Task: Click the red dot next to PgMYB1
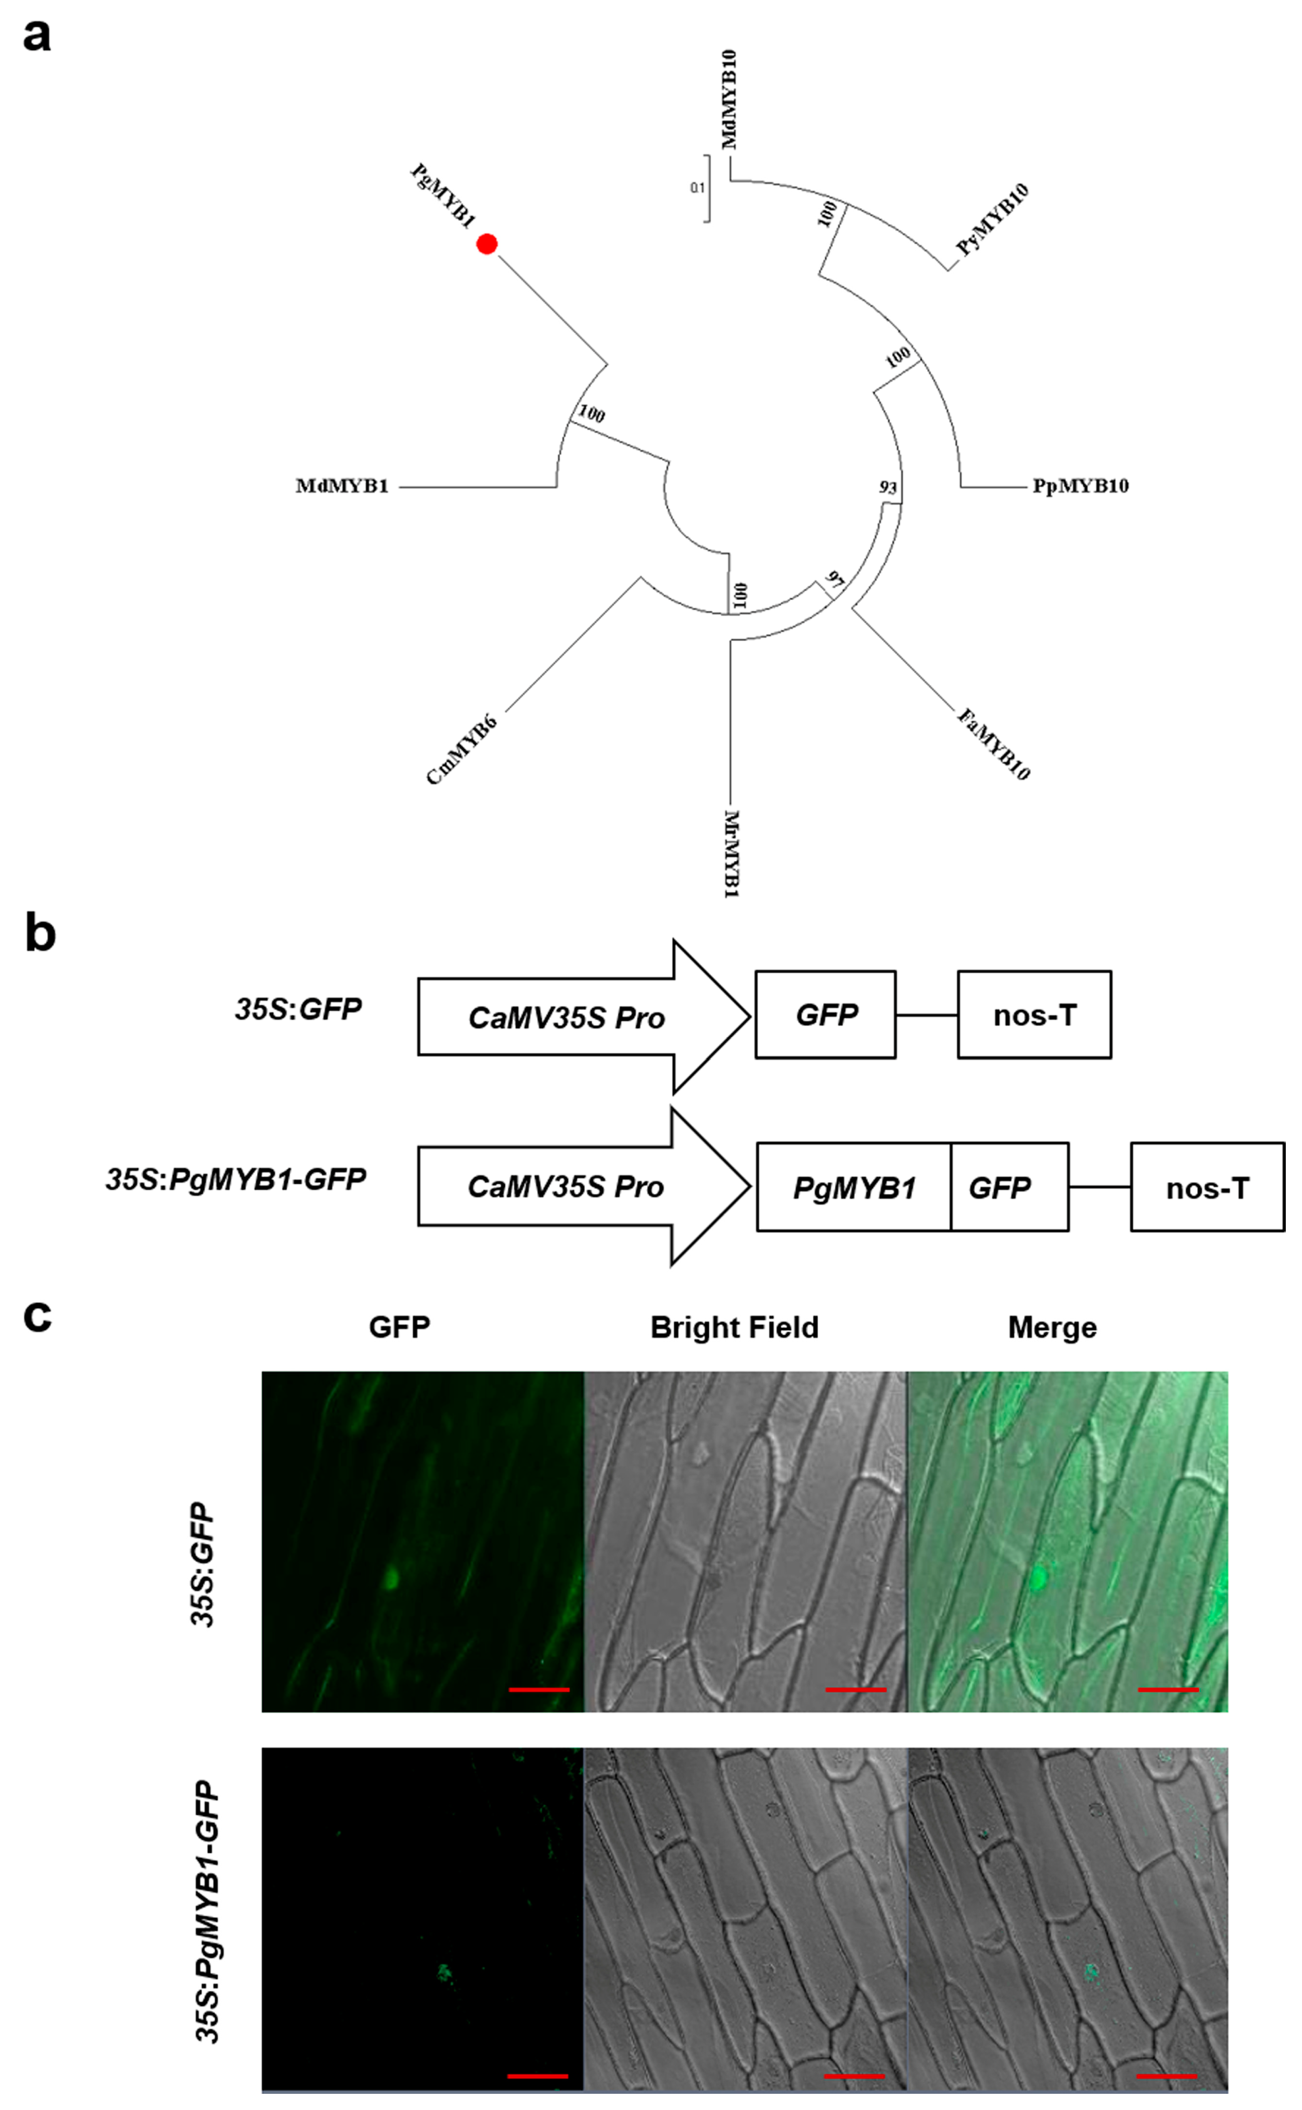click(487, 244)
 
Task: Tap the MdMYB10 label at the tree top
click(729, 99)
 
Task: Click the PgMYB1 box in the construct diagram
click(853, 1188)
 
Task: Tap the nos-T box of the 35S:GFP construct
click(1034, 1015)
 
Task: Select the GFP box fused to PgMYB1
click(1000, 1188)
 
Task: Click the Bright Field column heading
click(735, 1328)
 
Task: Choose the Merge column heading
click(1052, 1328)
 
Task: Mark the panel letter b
click(40, 934)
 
